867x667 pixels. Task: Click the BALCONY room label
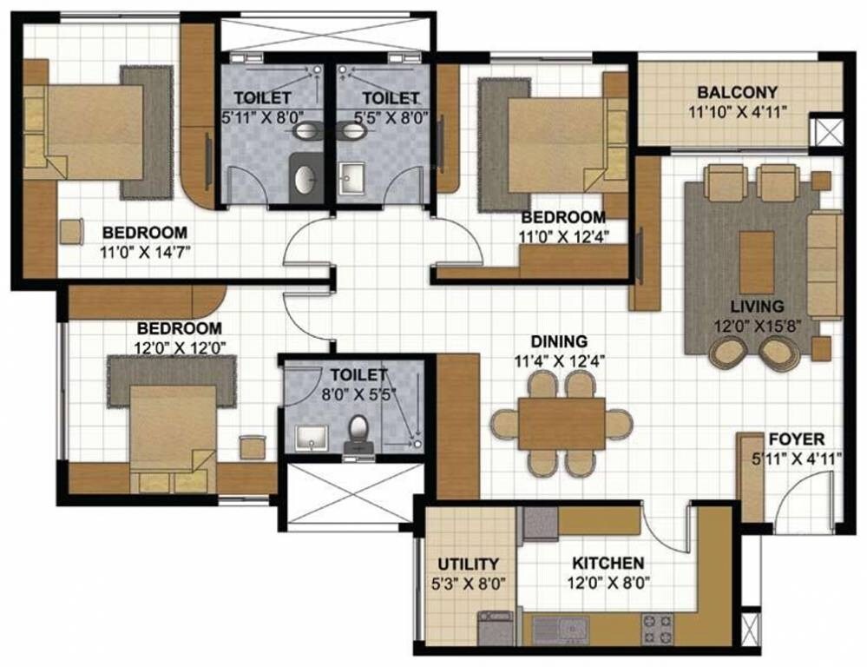pos(738,92)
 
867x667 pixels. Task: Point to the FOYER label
pos(796,439)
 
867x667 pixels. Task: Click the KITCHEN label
pos(608,564)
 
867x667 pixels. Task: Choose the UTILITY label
pos(468,564)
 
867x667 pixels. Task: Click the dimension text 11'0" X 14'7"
pos(145,251)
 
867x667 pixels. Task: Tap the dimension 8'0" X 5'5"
pos(357,393)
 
